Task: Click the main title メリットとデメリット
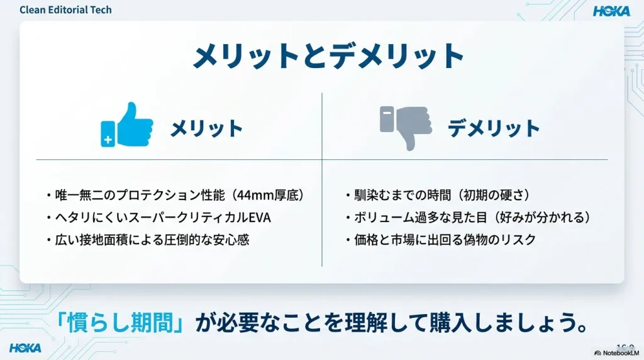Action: tap(321, 57)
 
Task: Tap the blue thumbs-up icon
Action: tap(128, 125)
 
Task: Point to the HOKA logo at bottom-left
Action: tap(25, 348)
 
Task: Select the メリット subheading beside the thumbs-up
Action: tap(206, 128)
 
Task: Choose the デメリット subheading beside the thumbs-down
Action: tap(494, 128)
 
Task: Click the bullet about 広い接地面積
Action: tap(151, 240)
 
